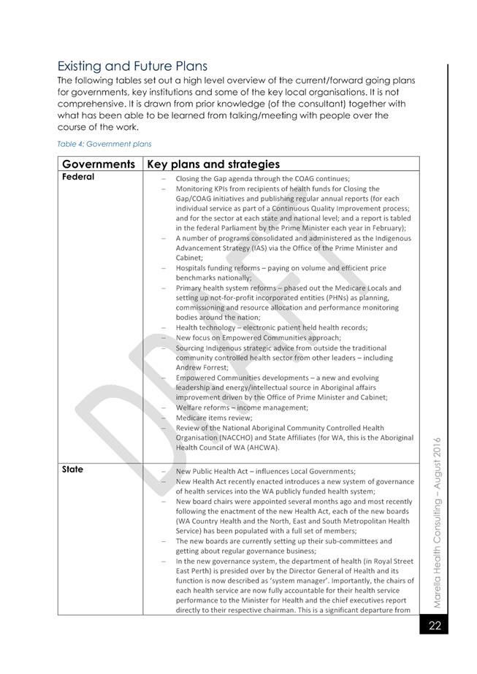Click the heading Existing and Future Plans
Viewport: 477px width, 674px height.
(131, 66)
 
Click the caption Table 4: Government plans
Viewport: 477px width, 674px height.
(104, 144)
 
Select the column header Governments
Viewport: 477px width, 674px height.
(99, 164)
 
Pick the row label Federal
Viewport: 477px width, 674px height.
(78, 177)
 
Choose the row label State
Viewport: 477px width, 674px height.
(73, 470)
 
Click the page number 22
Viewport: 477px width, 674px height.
(435, 625)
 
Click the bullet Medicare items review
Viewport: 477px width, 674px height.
(214, 418)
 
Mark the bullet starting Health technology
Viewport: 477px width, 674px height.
(272, 328)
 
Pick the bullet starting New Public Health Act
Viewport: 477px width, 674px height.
(265, 471)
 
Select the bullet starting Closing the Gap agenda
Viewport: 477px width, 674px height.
(263, 179)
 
